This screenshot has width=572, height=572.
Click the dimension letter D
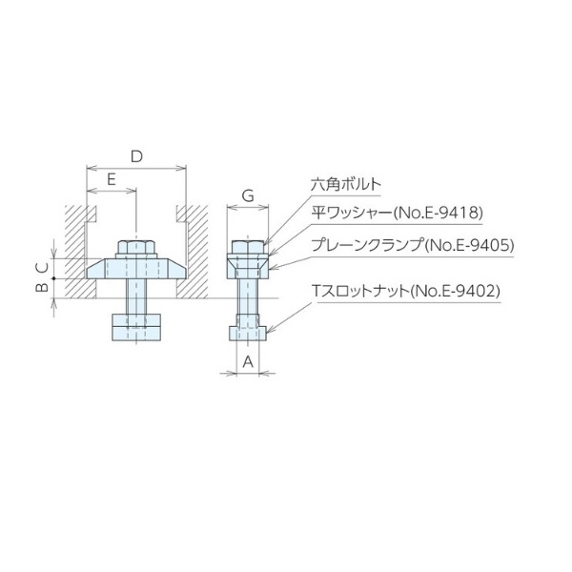tap(136, 154)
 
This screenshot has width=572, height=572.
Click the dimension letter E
tap(111, 178)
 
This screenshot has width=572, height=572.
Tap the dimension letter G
tap(247, 195)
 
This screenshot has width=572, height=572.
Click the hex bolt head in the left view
tap(137, 246)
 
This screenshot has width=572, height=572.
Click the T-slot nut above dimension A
tap(247, 333)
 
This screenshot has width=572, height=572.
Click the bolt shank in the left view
tap(137, 296)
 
